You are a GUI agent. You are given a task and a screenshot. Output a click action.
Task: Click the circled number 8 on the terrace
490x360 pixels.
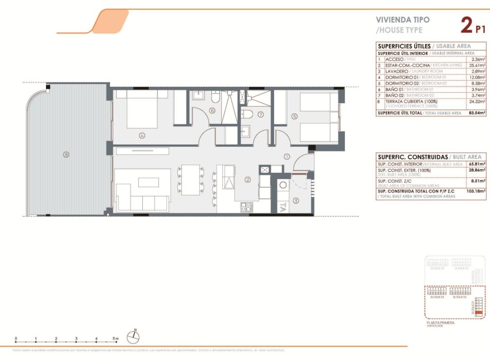click(x=66, y=154)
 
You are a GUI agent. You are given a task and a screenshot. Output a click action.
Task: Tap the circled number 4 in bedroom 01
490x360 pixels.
click(x=141, y=136)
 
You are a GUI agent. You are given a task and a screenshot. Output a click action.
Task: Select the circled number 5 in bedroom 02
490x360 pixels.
click(x=294, y=116)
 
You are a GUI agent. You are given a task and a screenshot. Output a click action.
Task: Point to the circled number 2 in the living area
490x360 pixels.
click(x=248, y=180)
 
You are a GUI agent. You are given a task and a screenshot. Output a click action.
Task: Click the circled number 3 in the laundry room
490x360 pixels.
click(x=295, y=201)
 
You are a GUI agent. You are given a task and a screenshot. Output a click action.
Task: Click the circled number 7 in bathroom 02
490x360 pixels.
click(x=260, y=114)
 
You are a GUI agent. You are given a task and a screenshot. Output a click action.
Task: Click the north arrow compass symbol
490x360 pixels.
click(x=133, y=336)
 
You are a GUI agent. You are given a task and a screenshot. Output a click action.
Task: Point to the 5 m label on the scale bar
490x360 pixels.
click(x=116, y=339)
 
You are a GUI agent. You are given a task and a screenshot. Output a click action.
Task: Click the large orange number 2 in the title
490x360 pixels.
click(x=466, y=25)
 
